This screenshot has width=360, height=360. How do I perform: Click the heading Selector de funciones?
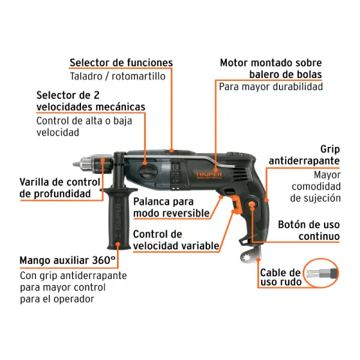(x=121, y=62)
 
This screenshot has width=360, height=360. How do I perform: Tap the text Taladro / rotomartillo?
(x=118, y=76)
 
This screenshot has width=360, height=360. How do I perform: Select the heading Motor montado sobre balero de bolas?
(x=271, y=68)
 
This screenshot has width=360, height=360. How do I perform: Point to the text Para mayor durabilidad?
(x=271, y=86)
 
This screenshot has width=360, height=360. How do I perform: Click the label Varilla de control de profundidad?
(x=59, y=188)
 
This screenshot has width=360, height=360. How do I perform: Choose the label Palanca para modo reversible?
(x=171, y=208)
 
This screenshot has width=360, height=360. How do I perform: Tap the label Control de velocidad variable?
(x=176, y=240)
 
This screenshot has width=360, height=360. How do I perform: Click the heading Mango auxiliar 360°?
(x=67, y=260)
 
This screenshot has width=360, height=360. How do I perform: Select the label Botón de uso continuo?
(x=308, y=230)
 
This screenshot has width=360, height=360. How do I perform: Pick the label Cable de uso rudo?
(x=280, y=277)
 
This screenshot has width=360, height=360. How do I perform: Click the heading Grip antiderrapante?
(x=304, y=155)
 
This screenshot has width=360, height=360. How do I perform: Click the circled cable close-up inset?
(x=321, y=273)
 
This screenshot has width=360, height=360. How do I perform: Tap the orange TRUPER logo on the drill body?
(x=208, y=175)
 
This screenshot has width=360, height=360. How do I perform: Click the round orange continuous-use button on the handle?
(x=252, y=204)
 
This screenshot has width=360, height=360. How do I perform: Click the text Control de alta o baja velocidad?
(x=84, y=127)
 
